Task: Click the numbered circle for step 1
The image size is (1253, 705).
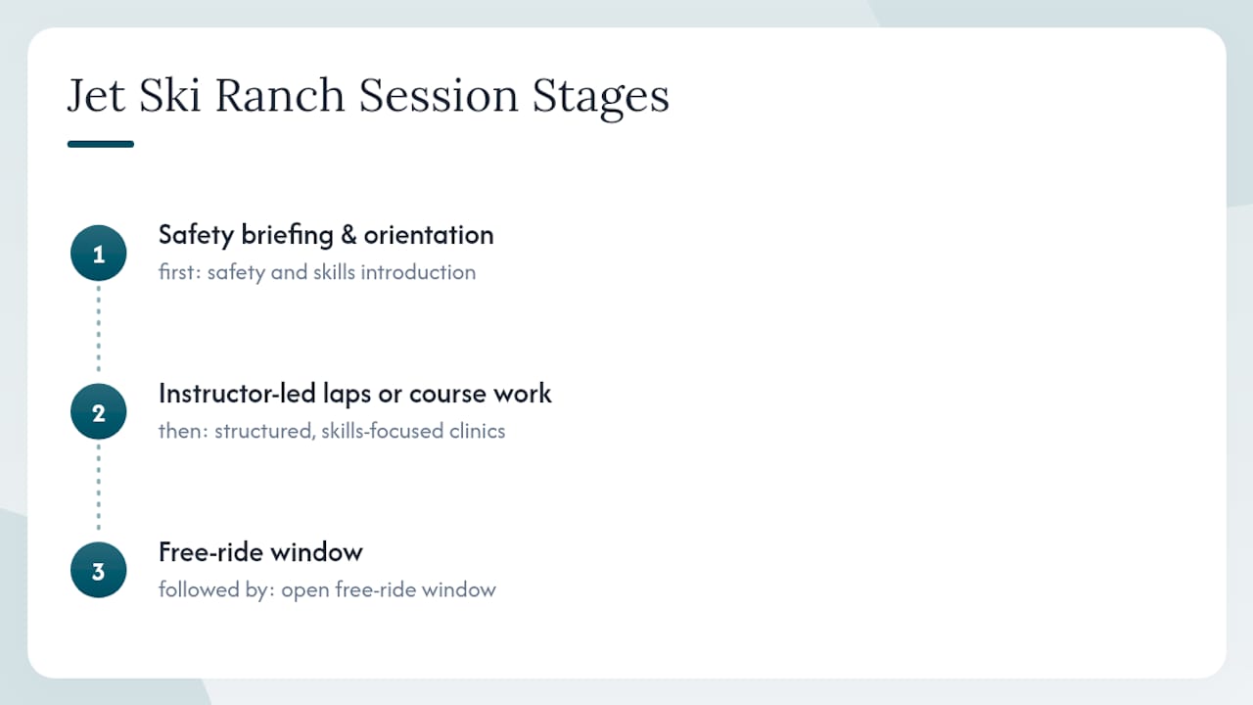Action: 99,253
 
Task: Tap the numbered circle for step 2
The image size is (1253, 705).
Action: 99,412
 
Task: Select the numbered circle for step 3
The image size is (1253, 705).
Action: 99,570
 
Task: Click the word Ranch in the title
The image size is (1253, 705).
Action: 280,95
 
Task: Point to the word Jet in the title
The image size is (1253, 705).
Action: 96,95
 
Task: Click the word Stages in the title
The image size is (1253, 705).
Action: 601,99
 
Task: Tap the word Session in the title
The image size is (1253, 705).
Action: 439,95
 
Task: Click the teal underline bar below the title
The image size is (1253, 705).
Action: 101,144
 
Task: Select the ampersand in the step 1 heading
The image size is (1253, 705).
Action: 348,234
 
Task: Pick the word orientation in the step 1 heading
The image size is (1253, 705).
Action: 429,234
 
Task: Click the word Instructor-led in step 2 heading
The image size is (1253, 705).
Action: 237,393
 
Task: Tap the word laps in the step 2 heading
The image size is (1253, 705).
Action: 347,394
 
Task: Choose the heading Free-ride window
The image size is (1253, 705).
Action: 260,551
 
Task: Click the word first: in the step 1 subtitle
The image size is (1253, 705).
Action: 180,272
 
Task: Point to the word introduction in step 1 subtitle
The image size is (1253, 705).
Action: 418,272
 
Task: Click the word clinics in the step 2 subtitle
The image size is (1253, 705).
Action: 477,431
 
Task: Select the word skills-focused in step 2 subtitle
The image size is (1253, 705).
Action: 383,431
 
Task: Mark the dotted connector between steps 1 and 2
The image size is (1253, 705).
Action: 99,328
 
